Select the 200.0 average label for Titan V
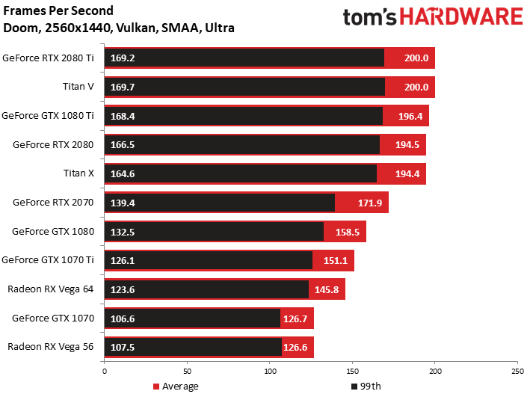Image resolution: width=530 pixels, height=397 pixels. [417, 87]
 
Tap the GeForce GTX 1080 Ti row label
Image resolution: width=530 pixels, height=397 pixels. [48, 116]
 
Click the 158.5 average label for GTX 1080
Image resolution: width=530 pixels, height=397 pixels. [348, 232]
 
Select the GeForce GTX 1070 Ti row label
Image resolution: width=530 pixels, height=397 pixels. [48, 260]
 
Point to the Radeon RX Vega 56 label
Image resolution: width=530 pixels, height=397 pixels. [51, 347]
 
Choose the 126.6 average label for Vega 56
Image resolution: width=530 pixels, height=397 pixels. [297, 348]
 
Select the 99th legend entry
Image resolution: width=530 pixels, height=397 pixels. [369, 387]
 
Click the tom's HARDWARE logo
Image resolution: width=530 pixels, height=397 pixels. [433, 18]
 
